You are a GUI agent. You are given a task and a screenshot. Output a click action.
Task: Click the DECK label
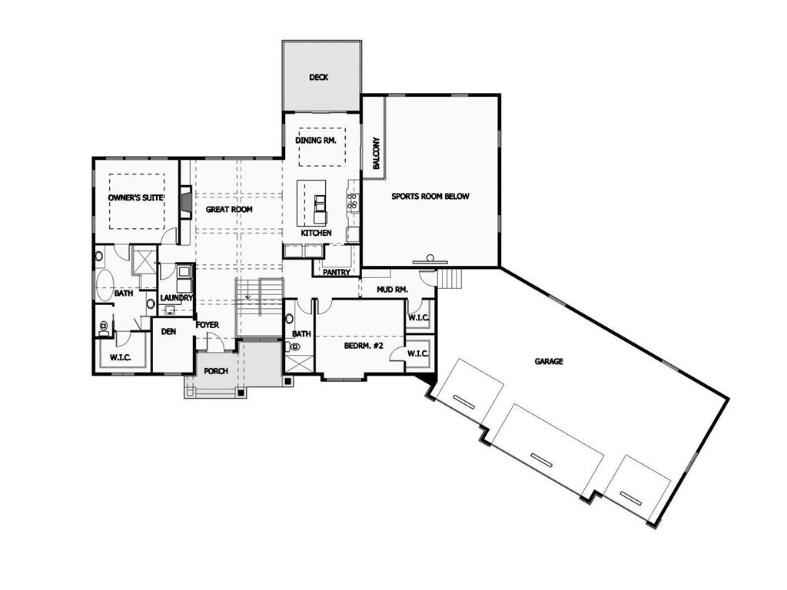point(319,77)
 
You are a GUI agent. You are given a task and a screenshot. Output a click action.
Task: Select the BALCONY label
point(376,154)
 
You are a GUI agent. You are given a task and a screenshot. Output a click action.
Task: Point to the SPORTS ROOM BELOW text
point(430,196)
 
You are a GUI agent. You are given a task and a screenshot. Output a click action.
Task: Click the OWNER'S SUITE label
point(136,197)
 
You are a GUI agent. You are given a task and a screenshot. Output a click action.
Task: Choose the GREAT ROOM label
point(229,209)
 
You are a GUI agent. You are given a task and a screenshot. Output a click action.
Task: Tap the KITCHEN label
point(316,232)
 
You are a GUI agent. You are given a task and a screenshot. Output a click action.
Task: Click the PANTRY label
point(337,272)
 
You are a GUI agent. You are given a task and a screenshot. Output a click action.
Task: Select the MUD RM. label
point(392,290)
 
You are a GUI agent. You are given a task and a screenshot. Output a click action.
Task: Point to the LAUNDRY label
point(176,298)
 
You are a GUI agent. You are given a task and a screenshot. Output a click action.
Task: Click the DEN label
point(169,333)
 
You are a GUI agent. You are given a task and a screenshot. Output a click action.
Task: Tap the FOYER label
point(208,325)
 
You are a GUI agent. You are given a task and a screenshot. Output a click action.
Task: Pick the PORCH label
point(216,371)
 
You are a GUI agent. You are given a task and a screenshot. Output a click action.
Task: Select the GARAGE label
point(550,361)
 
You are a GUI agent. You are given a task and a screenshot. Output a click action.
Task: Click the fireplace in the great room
point(185,201)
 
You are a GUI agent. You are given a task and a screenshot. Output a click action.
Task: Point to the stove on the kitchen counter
point(354,201)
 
